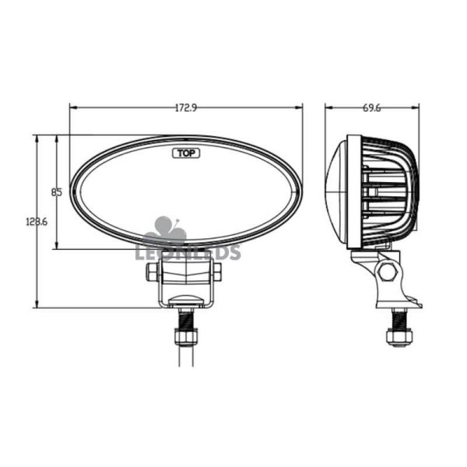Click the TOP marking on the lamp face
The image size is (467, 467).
(186, 153)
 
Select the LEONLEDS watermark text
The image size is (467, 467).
(188, 251)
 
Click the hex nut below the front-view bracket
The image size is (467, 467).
(186, 336)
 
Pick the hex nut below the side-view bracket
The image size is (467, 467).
(397, 336)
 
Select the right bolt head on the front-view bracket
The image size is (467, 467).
(216, 271)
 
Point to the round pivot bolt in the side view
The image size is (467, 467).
(388, 272)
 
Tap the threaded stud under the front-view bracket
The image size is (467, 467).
(186, 318)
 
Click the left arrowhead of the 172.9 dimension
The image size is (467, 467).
(72, 108)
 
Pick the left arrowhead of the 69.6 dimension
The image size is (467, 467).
(328, 108)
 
